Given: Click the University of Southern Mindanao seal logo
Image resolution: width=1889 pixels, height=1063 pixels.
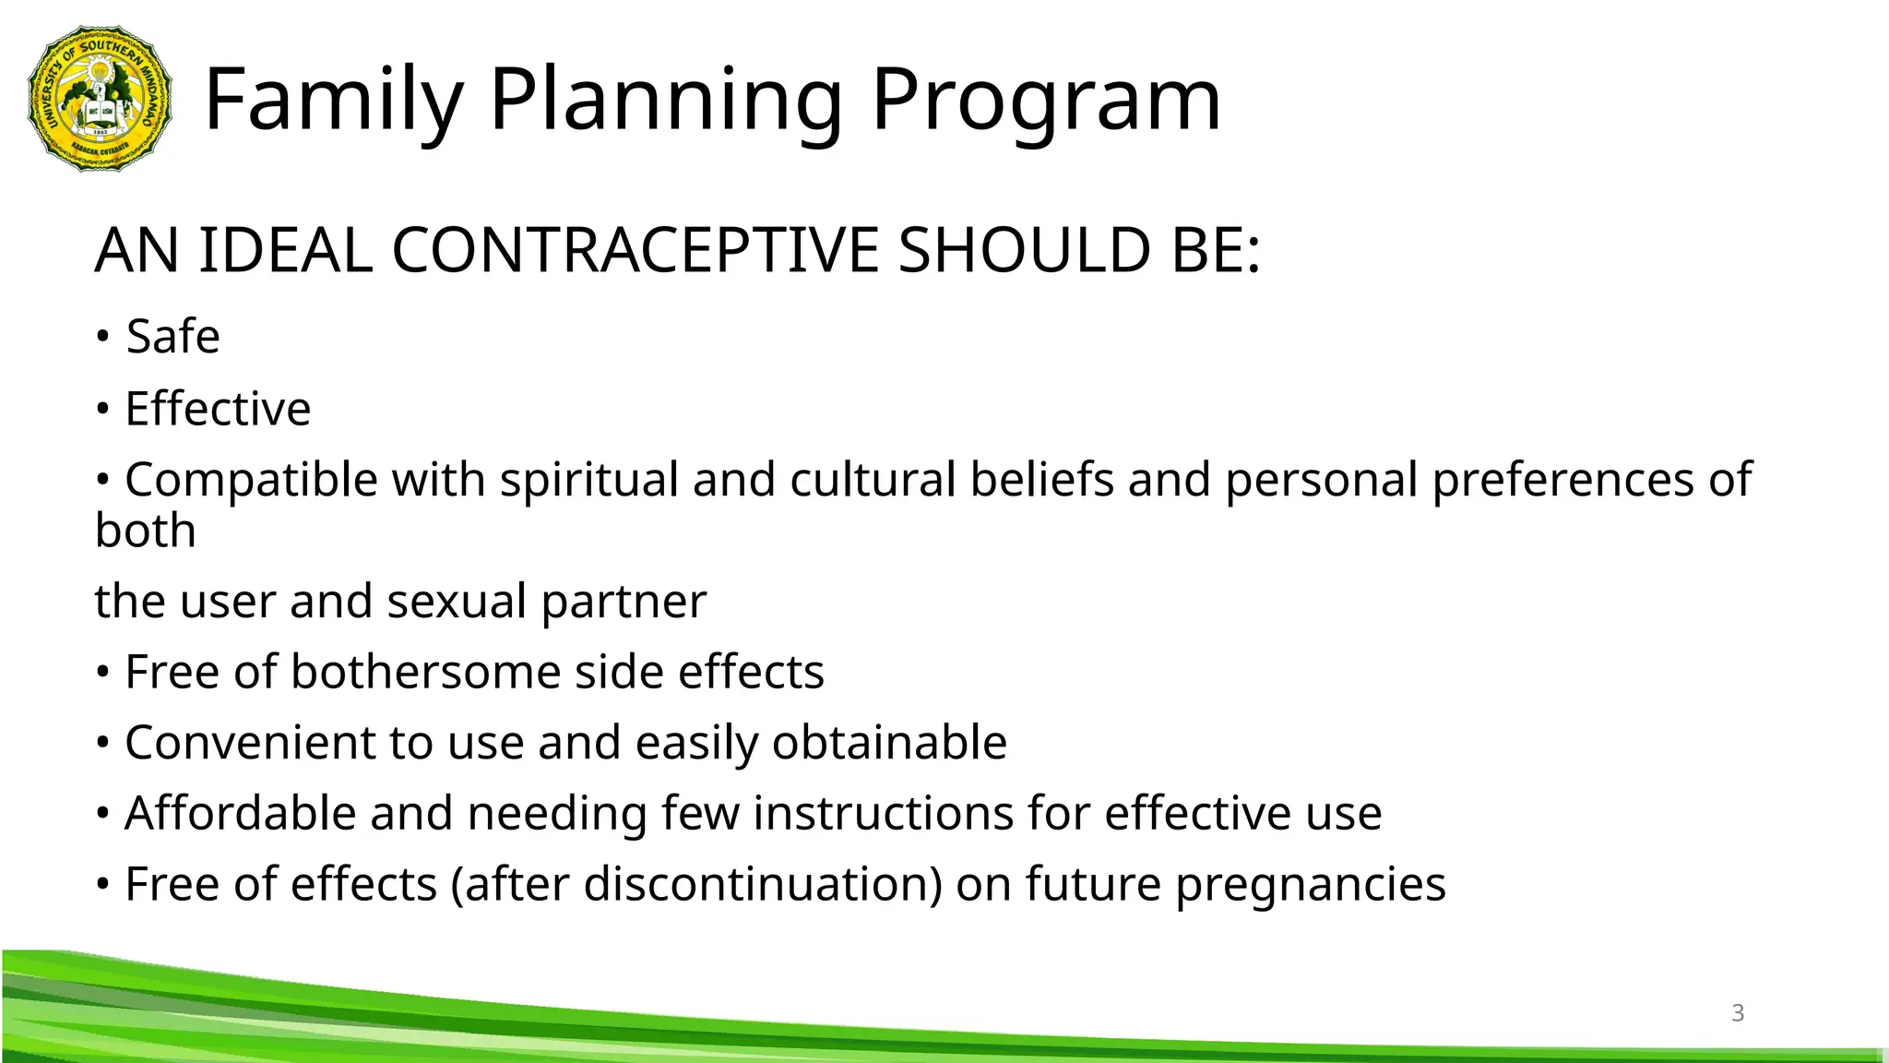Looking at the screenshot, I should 100,99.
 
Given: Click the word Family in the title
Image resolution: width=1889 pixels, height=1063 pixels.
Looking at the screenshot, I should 333,99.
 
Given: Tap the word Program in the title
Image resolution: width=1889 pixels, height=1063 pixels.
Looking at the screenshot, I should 1046,99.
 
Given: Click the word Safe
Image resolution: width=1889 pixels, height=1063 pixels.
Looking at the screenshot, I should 172,336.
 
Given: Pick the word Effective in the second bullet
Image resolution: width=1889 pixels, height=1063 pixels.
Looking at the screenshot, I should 218,409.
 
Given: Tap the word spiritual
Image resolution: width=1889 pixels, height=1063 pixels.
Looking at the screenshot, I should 588,480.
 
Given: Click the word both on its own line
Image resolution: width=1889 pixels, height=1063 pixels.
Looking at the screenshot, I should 145,531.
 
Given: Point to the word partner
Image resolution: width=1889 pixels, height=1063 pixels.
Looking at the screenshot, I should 624,602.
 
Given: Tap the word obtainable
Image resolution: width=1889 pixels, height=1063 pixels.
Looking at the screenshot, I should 888,743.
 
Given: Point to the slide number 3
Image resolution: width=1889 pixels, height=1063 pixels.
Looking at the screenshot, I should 1738,1013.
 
